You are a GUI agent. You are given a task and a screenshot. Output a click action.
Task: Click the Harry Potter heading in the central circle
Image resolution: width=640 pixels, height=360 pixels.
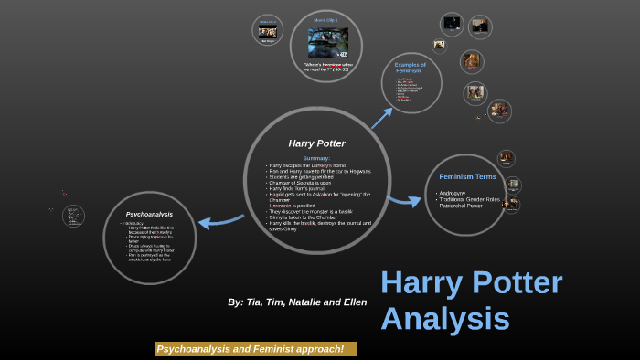316,143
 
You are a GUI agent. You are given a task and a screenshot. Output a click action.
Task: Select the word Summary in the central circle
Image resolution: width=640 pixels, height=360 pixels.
316,158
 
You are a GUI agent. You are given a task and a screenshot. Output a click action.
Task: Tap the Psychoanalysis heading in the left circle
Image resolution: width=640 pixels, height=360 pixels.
149,214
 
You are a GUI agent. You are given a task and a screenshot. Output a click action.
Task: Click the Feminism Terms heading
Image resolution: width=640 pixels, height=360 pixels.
467,176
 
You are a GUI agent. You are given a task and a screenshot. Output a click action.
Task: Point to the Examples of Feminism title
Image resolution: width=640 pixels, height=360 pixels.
411,68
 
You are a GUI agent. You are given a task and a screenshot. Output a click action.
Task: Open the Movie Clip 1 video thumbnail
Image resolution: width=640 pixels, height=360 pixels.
327,42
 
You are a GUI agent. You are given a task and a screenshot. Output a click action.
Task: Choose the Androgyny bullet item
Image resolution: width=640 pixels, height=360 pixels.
453,193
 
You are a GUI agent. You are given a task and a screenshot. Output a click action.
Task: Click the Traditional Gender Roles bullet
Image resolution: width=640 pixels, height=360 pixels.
470,199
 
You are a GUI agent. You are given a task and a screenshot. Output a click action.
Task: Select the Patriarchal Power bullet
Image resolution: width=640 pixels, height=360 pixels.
461,206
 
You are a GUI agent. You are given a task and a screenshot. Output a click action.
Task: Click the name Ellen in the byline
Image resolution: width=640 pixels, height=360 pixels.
354,302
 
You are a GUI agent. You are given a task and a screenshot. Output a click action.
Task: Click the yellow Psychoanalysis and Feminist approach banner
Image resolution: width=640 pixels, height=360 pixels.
256,349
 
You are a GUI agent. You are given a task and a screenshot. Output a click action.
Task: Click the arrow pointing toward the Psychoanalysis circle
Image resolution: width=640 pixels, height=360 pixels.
220,221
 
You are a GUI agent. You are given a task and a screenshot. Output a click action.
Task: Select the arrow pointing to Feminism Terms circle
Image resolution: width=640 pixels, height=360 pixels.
403,200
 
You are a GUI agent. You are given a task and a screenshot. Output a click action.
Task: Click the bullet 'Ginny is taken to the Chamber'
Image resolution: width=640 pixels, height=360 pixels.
304,217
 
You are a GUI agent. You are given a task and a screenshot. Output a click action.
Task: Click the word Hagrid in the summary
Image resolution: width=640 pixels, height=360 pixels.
276,194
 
